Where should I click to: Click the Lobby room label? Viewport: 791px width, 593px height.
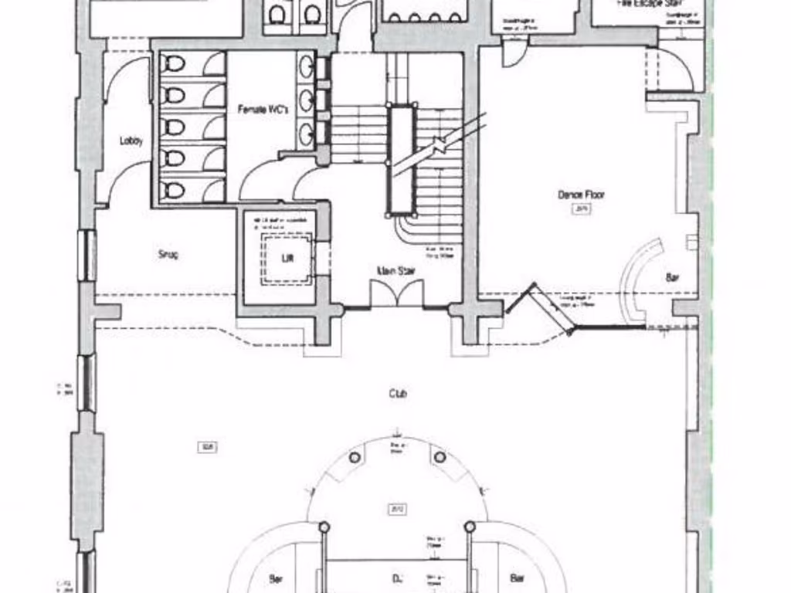pyautogui.click(x=131, y=141)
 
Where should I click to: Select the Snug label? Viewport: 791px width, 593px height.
pyautogui.click(x=168, y=254)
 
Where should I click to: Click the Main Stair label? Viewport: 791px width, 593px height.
pyautogui.click(x=392, y=270)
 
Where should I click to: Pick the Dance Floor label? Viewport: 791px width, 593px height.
pyautogui.click(x=581, y=195)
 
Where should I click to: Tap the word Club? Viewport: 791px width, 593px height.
pyautogui.click(x=398, y=394)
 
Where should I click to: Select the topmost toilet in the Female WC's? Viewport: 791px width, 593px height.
pyautogui.click(x=175, y=64)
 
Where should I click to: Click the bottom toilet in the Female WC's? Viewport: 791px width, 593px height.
pyautogui.click(x=175, y=190)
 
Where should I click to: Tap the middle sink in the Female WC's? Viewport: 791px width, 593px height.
pyautogui.click(x=306, y=100)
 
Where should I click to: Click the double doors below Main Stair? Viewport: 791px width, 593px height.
pyautogui.click(x=396, y=294)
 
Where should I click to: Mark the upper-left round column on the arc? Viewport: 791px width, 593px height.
pyautogui.click(x=355, y=457)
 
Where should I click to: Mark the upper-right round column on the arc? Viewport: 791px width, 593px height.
pyautogui.click(x=440, y=457)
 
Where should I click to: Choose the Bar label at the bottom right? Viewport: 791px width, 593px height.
pyautogui.click(x=517, y=578)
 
